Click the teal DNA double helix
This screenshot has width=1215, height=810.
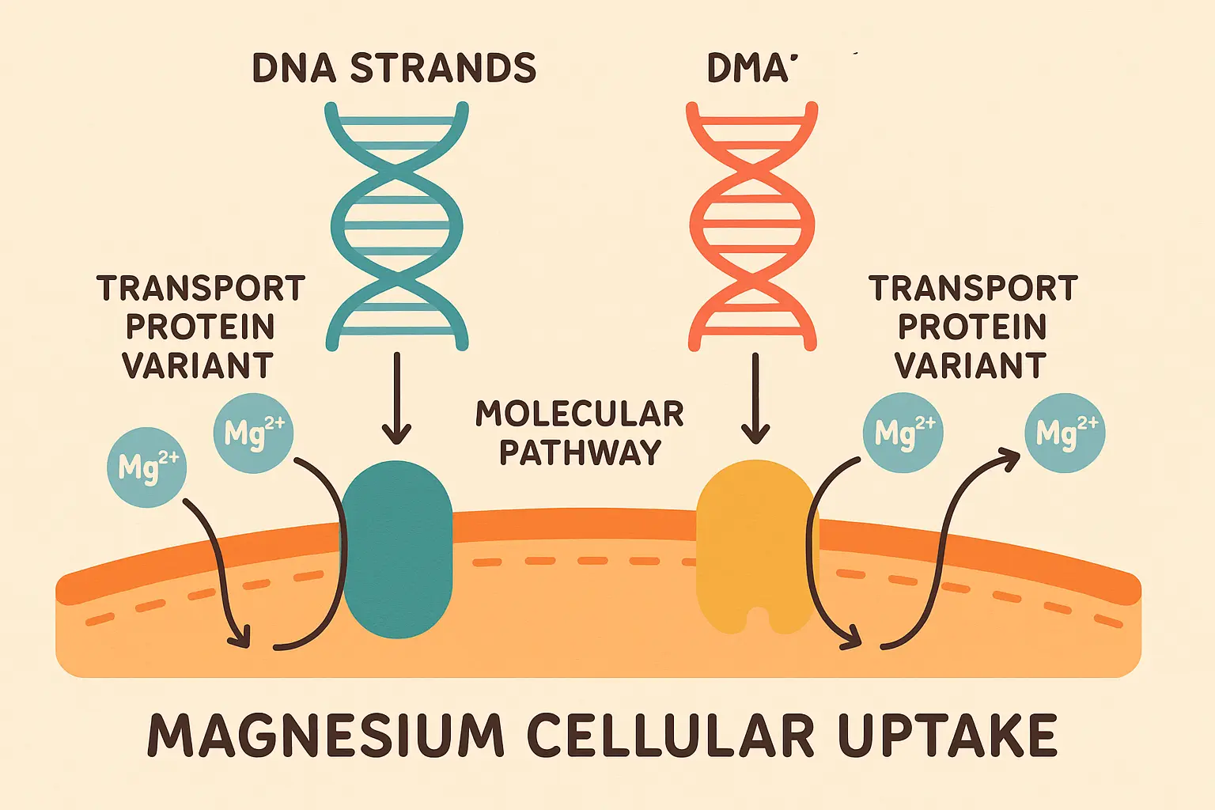click(396, 225)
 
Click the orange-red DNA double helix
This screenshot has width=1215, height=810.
click(751, 225)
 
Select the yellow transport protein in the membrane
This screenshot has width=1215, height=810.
click(754, 546)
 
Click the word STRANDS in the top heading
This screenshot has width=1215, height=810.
click(443, 69)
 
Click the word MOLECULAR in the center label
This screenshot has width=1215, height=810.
click(579, 414)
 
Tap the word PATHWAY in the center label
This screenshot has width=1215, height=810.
click(580, 452)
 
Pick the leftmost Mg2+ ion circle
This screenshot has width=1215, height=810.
click(147, 467)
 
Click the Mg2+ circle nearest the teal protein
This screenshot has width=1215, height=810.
click(253, 433)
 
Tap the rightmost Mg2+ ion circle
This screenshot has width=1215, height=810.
click(1065, 433)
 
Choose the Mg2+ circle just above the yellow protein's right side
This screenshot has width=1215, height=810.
click(903, 433)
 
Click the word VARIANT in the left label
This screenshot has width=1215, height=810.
click(197, 366)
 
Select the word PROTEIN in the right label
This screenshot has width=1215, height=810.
click(972, 327)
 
